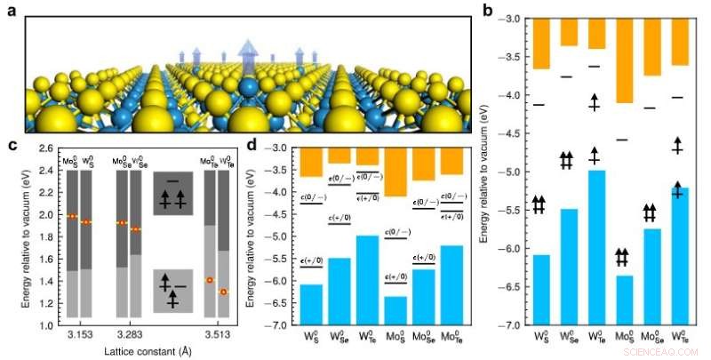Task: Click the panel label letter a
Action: pyautogui.click(x=10, y=12)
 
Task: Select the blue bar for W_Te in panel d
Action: pyautogui.click(x=367, y=280)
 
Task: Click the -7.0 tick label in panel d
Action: pyautogui.click(x=281, y=325)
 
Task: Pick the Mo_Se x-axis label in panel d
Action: pyautogui.click(x=423, y=339)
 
